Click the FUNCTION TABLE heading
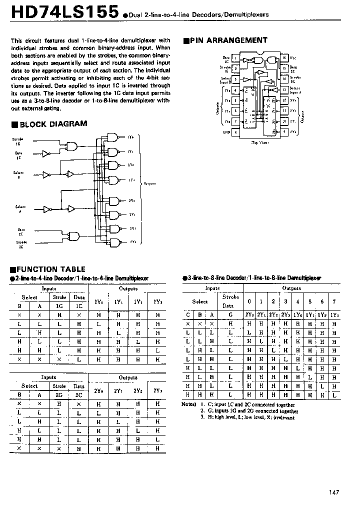[48, 269]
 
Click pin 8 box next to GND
[235, 132]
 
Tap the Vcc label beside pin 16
[293, 58]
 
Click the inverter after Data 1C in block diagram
[46, 154]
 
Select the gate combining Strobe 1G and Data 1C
[73, 146]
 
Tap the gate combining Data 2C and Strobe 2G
[73, 236]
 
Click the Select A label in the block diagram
[20, 208]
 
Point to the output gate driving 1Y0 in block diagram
[114, 138]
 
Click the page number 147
[334, 492]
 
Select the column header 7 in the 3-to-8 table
[334, 301]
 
